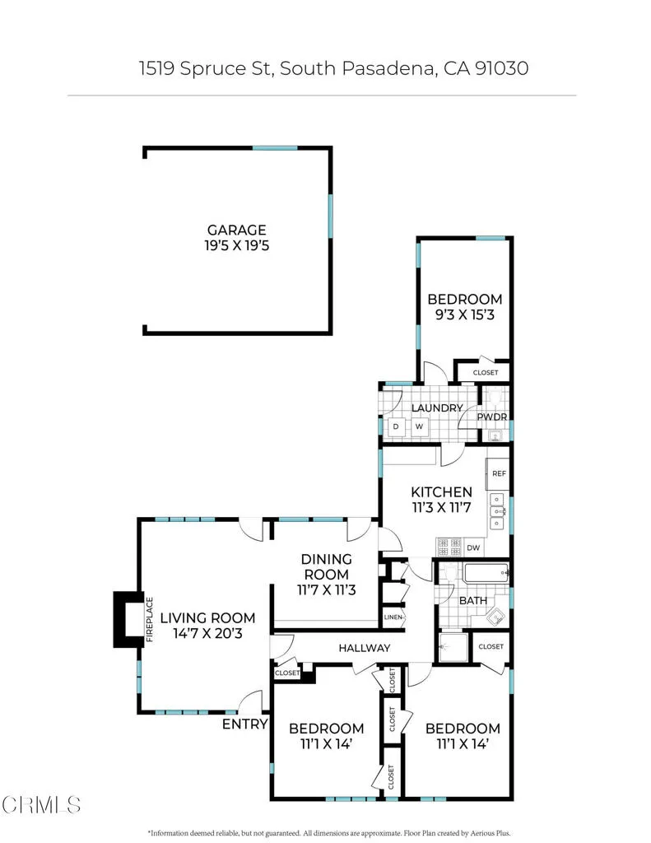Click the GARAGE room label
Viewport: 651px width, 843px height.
pos(237,231)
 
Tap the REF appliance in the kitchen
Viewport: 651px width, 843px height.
pos(498,474)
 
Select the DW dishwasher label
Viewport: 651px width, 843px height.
pos(472,547)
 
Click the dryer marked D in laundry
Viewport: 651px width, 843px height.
pos(396,426)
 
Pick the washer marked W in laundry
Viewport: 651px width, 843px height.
pos(419,426)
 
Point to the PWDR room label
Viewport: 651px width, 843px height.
pos(492,417)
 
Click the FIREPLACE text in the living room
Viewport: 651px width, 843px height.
pos(150,617)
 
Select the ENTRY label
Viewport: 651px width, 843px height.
pos(245,724)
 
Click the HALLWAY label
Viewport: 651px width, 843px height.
pos(364,648)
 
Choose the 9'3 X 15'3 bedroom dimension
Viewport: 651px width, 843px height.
pos(464,314)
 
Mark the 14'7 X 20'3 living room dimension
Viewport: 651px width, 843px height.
pos(207,634)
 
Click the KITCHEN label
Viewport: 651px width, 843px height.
pos(442,492)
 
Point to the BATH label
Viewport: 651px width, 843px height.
pos(472,601)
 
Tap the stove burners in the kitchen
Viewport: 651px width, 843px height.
pos(449,545)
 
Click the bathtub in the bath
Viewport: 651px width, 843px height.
pos(486,573)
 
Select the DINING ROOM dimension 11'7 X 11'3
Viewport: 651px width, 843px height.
pos(327,589)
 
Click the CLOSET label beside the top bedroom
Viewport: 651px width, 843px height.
pos(486,373)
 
